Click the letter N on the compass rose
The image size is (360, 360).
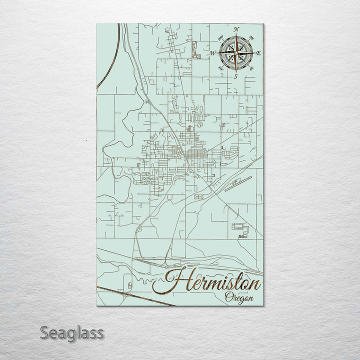(x=236, y=29)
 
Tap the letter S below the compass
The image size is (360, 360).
(x=235, y=76)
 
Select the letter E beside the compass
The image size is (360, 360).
(x=258, y=53)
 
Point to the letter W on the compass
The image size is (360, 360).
(x=212, y=53)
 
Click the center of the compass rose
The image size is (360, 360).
(x=235, y=53)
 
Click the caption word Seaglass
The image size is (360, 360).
(x=72, y=332)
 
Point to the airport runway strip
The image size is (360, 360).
(x=238, y=183)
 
